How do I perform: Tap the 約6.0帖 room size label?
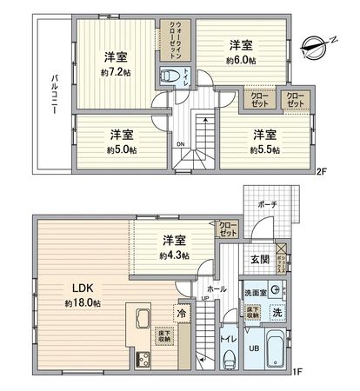(x=241, y=60)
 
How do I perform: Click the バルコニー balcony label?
(x=54, y=96)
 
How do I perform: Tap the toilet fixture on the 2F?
(x=168, y=76)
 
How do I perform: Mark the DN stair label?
(x=180, y=144)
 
